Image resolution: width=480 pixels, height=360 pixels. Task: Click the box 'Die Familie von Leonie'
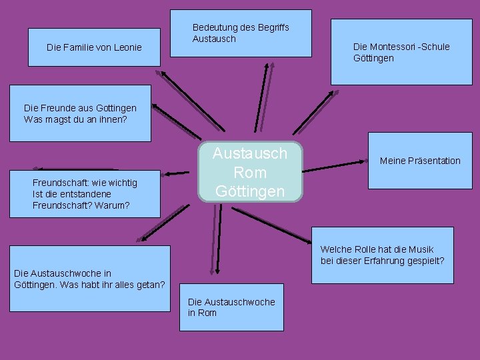pyautogui.click(x=94, y=47)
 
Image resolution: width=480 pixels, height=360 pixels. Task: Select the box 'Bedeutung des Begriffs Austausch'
pyautogui.click(x=241, y=33)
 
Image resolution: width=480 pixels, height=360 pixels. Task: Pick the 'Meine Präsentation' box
pyautogui.click(x=419, y=161)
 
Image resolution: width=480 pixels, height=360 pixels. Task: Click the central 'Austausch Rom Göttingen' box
pyautogui.click(x=250, y=172)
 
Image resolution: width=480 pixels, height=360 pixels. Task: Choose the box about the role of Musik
pyautogui.click(x=382, y=255)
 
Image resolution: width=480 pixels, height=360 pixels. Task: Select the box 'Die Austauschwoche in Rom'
pyautogui.click(x=231, y=307)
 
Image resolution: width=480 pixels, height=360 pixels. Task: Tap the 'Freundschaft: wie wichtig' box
pyautogui.click(x=85, y=194)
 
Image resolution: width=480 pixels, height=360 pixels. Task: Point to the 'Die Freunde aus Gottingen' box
pyautogui.click(x=80, y=113)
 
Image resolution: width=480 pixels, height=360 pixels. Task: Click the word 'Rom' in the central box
pyautogui.click(x=250, y=173)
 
